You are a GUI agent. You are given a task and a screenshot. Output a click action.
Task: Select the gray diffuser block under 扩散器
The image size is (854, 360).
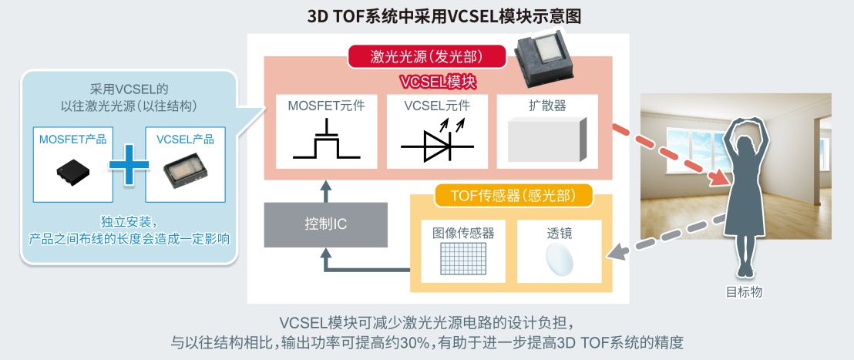546,140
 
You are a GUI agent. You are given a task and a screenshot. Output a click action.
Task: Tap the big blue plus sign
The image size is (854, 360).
129,164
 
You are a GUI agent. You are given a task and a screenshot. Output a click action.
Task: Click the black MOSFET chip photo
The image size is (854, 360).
73,173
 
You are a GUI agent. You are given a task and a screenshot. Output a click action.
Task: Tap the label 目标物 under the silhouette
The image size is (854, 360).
744,292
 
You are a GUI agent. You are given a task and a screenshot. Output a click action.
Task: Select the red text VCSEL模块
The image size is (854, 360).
439,82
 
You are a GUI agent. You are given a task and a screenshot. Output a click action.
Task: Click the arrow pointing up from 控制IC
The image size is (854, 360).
326,191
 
